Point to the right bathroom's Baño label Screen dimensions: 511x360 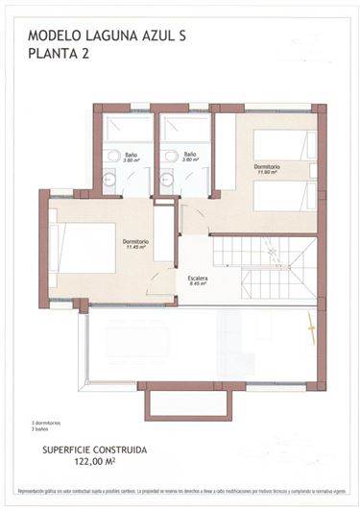pyautogui.click(x=189, y=153)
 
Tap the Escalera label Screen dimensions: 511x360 pyautogui.click(x=198, y=277)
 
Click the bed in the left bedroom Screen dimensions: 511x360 pyautogui.click(x=83, y=247)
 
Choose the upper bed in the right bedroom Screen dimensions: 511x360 pyautogui.click(x=284, y=145)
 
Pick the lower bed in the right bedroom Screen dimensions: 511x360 pyautogui.click(x=284, y=196)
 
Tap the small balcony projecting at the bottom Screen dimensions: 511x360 pyautogui.click(x=188, y=401)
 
